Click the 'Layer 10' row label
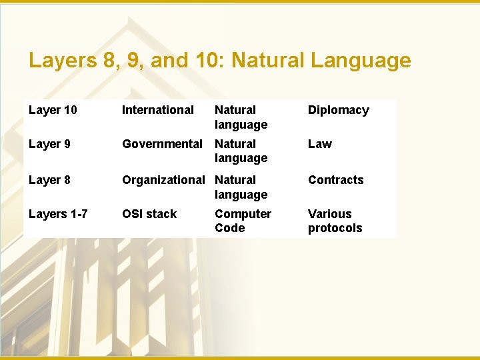(53, 110)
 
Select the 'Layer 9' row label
(49, 144)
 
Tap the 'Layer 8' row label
(49, 180)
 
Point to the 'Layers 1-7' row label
(57, 214)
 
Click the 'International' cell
(157, 110)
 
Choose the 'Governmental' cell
(162, 144)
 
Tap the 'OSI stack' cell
(149, 214)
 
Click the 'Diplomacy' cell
(338, 110)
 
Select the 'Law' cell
(319, 144)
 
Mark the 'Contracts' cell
(335, 180)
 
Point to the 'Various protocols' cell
(335, 221)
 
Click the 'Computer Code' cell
(243, 221)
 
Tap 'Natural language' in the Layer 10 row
(241, 117)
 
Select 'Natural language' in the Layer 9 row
(241, 151)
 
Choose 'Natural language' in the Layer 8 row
(241, 187)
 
